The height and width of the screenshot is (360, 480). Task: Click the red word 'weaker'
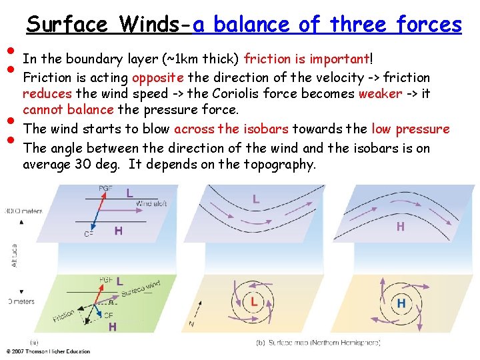coord(380,93)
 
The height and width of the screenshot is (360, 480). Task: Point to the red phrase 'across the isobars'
coord(231,129)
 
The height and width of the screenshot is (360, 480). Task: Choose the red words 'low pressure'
coord(411,129)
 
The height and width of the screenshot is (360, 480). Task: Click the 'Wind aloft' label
coord(151,203)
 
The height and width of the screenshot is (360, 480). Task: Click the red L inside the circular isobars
coord(254,302)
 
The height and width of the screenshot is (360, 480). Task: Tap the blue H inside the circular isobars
coord(401,303)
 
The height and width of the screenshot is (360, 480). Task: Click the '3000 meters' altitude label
coord(21,211)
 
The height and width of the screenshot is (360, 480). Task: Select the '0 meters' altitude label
coord(20,301)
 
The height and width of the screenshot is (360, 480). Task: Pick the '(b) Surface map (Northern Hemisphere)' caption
coord(318,343)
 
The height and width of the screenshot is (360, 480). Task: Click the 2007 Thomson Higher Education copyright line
coord(47,351)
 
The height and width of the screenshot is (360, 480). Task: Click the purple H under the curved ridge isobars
coord(400,227)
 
